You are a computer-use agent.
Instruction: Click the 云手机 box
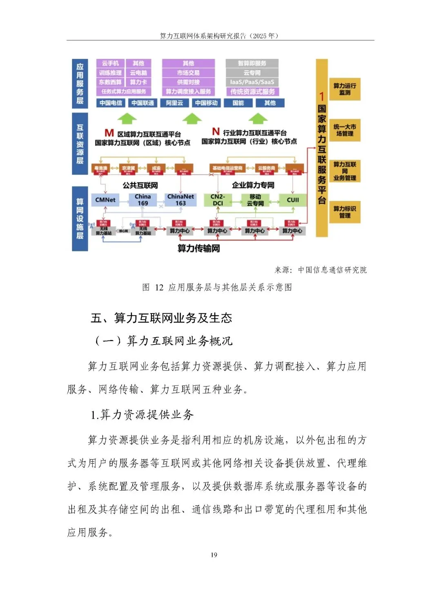[110, 63]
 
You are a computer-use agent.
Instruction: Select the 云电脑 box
[138, 73]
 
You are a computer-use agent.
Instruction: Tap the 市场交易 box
[188, 73]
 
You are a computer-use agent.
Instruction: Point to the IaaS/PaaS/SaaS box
[252, 82]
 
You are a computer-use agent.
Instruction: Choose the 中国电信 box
[111, 103]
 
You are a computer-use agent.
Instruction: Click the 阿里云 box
[174, 103]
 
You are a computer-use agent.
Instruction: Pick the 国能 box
[238, 103]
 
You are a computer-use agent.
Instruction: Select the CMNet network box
[105, 200]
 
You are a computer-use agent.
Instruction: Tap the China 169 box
[143, 200]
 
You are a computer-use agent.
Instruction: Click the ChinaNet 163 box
[180, 200]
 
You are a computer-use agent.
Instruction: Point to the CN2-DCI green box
[218, 200]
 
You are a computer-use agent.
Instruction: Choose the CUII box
[293, 200]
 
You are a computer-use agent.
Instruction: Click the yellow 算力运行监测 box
[345, 89]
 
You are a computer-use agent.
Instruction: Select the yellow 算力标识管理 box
[345, 212]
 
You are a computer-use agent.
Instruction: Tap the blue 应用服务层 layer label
[80, 84]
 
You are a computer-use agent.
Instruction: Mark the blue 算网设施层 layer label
[80, 218]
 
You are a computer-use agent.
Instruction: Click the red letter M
[109, 133]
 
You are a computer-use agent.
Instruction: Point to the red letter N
[216, 131]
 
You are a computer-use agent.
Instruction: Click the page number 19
[214, 555]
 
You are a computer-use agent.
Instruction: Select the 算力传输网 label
[198, 248]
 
